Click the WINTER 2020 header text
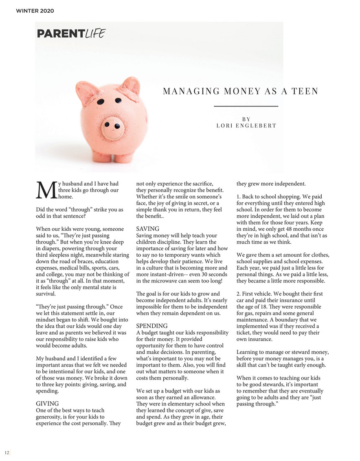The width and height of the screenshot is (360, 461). [35, 11]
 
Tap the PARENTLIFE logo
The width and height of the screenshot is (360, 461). [70, 33]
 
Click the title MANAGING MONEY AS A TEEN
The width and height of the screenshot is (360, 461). [240, 91]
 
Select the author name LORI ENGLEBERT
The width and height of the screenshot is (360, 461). [246, 126]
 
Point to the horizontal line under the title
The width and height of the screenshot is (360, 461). [246, 106]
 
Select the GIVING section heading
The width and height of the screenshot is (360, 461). [48, 404]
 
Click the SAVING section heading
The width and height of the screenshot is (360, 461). [148, 229]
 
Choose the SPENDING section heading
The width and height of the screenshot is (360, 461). [152, 326]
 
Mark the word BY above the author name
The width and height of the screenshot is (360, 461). [246, 119]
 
